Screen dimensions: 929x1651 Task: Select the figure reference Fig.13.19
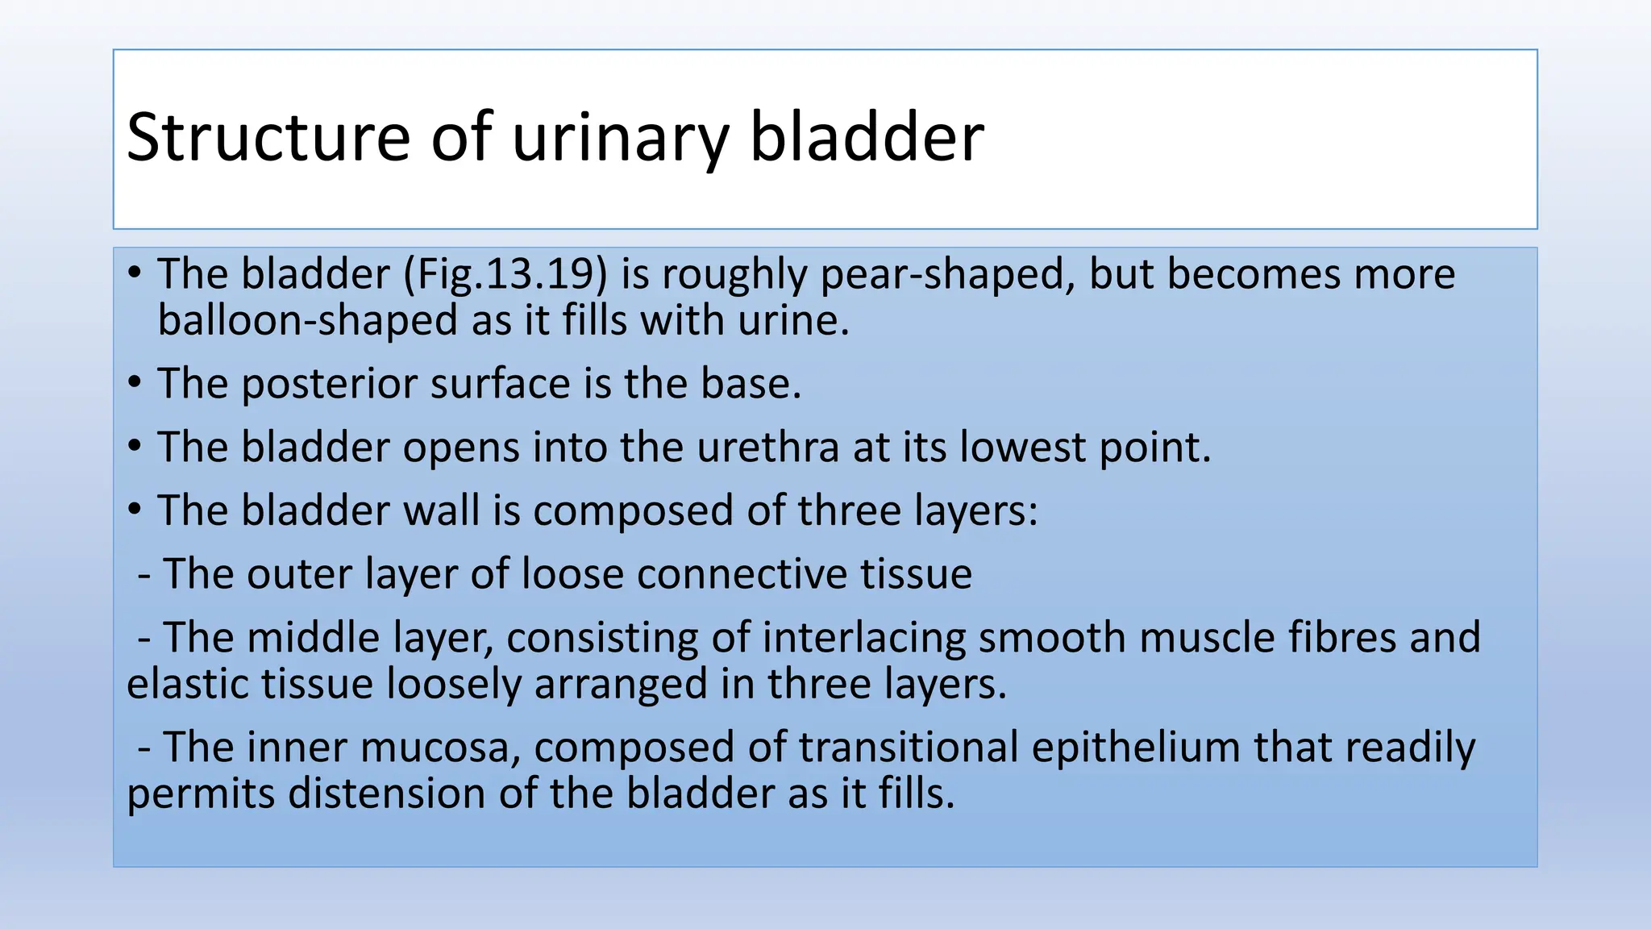pos(505,274)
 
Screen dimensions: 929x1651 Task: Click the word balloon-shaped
pos(307,321)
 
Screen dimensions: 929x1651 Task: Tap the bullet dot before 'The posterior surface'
pos(135,381)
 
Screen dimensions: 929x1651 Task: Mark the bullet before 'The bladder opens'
pos(135,445)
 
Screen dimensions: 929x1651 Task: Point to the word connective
pos(742,574)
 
